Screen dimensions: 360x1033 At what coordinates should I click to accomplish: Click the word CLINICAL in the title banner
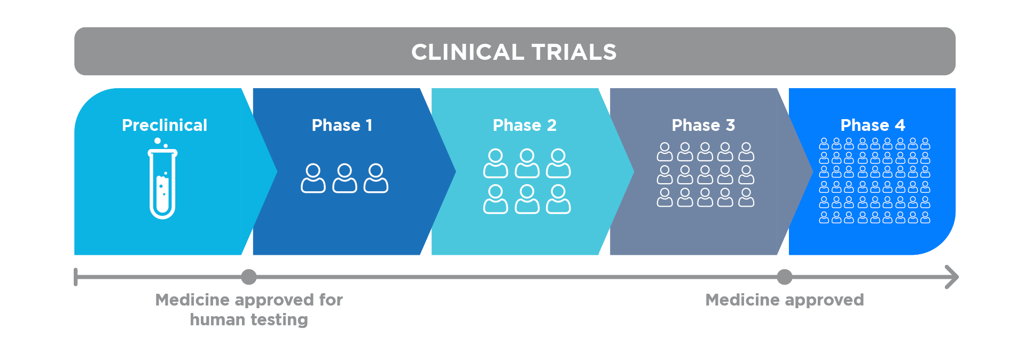(467, 52)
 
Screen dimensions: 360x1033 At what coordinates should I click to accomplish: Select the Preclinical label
(165, 125)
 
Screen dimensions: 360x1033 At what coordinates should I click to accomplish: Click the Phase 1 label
(342, 125)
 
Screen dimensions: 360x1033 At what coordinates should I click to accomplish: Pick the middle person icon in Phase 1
(345, 178)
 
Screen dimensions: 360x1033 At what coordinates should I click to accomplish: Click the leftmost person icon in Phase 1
(313, 178)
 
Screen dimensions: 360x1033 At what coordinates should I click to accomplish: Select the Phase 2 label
(525, 125)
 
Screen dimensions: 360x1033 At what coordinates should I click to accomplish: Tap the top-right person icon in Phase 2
(558, 163)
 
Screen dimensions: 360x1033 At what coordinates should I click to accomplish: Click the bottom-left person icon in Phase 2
(495, 199)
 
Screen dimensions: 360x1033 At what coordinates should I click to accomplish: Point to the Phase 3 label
(703, 125)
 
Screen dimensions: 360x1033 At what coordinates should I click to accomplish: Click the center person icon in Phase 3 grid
(705, 175)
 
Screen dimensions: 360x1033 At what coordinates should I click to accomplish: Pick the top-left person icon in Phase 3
(664, 152)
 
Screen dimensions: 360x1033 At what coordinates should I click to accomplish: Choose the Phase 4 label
(873, 125)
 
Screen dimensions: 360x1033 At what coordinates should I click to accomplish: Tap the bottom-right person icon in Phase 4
(925, 217)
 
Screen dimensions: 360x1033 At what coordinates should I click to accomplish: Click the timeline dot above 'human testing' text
(248, 277)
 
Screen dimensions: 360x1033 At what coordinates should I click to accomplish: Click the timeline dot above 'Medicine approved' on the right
(784, 277)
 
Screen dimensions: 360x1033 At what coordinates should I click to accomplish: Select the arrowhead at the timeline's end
(952, 277)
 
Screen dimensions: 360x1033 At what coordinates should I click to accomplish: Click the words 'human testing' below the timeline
(249, 319)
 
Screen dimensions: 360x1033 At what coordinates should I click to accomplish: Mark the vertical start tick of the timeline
(76, 277)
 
